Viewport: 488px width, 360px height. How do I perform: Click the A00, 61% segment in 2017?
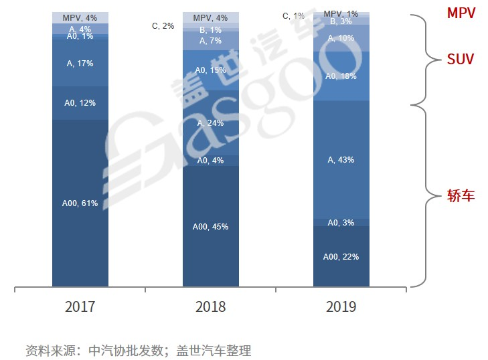(x=80, y=203)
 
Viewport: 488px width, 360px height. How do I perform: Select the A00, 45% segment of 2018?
(x=210, y=226)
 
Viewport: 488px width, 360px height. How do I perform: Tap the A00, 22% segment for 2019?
(x=341, y=256)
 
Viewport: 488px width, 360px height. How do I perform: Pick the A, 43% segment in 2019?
(x=341, y=160)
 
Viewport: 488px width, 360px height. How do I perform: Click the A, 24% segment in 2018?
(x=210, y=123)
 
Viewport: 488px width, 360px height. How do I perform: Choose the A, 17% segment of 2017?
(x=80, y=64)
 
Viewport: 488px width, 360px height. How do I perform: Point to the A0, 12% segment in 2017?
(x=80, y=103)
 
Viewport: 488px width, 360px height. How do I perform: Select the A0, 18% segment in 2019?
(x=341, y=76)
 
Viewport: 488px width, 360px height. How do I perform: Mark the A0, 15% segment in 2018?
(x=210, y=70)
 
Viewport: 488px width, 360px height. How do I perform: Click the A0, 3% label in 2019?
(x=341, y=222)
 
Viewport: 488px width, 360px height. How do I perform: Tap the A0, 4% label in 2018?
(x=210, y=161)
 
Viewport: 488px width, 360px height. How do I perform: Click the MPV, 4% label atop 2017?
(x=80, y=17)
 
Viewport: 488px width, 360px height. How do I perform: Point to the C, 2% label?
(x=163, y=27)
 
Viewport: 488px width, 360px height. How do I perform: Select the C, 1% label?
(x=293, y=15)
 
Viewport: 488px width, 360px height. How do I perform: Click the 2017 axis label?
(x=80, y=307)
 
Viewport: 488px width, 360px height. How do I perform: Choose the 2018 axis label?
(x=210, y=307)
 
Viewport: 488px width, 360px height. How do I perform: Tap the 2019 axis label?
(x=341, y=307)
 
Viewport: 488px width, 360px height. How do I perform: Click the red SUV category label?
(x=461, y=60)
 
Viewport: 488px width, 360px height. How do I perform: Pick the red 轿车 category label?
(x=461, y=196)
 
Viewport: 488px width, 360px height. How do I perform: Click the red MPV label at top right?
(x=461, y=13)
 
